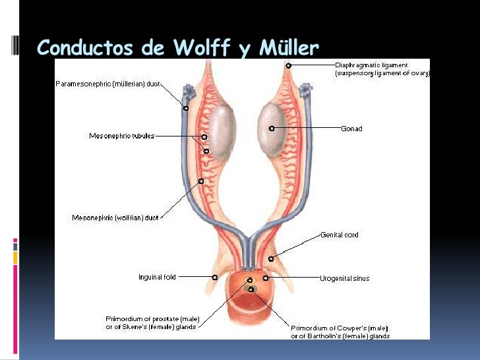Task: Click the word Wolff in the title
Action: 200,47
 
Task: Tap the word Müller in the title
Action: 287,47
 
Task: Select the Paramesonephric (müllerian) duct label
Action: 108,84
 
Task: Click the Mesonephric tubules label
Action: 122,136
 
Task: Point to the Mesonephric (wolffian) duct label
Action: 115,218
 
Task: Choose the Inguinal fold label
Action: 157,278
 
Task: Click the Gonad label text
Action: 351,129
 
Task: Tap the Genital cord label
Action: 340,235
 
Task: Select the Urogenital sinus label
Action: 345,278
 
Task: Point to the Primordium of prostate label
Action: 151,323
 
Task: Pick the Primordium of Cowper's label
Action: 340,332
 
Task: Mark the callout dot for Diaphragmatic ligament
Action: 288,65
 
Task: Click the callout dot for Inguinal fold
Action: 215,278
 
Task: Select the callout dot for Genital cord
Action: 271,258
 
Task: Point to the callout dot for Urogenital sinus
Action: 265,278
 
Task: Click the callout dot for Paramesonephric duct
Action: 186,107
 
